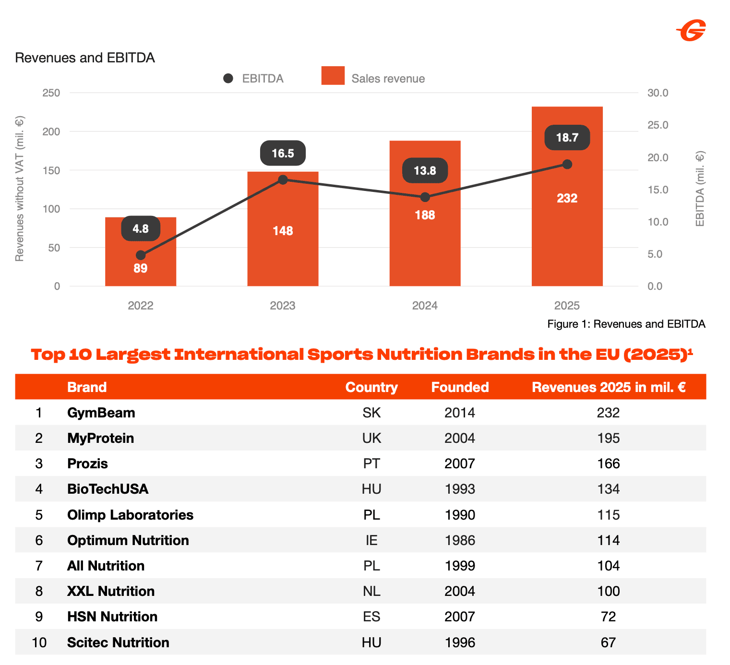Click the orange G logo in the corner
692,30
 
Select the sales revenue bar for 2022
141,252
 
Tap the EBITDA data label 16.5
283,153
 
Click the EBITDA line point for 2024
425,198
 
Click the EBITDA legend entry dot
228,79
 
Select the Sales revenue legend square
333,76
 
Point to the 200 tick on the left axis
51,131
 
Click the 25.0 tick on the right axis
658,125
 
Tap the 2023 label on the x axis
283,306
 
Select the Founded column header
460,387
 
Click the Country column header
371,387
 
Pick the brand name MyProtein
101,439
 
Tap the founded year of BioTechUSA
460,489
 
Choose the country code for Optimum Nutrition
371,541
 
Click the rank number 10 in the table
39,643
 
